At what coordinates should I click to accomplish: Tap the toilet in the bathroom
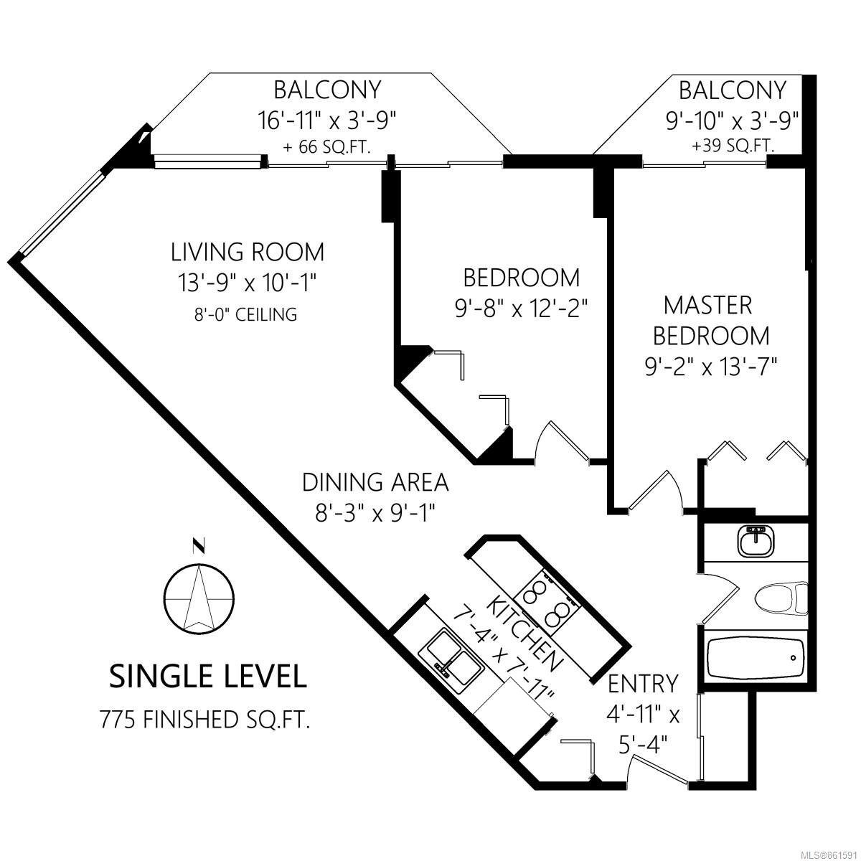pyautogui.click(x=781, y=598)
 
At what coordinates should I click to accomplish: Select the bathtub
pyautogui.click(x=756, y=658)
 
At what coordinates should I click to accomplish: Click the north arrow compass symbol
pyautogui.click(x=198, y=598)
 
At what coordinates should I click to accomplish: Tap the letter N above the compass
pyautogui.click(x=198, y=545)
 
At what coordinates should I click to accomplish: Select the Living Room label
pyautogui.click(x=248, y=252)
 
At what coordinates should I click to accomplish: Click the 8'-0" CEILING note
pyautogui.click(x=246, y=314)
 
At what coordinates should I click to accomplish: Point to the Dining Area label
pyautogui.click(x=375, y=483)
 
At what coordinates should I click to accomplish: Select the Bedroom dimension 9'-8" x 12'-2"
pyautogui.click(x=521, y=309)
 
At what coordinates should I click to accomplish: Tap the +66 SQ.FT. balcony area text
pyautogui.click(x=326, y=147)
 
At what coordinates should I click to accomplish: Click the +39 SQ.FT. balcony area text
pyautogui.click(x=733, y=145)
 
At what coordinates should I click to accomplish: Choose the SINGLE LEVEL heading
pyautogui.click(x=208, y=677)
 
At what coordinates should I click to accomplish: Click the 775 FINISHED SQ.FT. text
pyautogui.click(x=205, y=720)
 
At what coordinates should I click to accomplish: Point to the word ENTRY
pyautogui.click(x=644, y=684)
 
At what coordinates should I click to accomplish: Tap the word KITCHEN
pyautogui.click(x=523, y=633)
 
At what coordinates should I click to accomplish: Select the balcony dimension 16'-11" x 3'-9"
pyautogui.click(x=327, y=121)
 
